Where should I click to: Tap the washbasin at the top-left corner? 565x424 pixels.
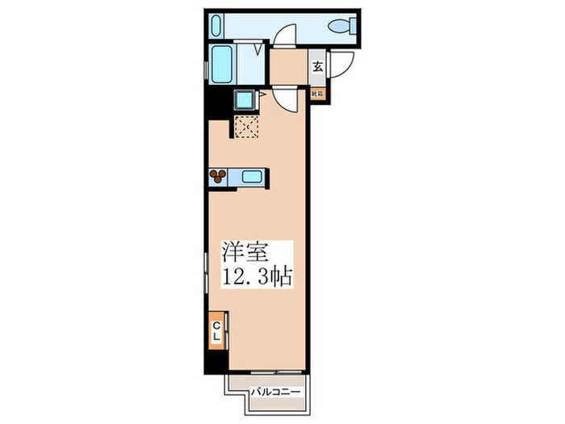click(x=215, y=25)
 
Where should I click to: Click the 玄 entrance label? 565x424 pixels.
click(x=318, y=68)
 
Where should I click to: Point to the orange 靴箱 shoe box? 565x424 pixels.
click(x=318, y=94)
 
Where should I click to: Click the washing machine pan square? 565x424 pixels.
click(x=245, y=101)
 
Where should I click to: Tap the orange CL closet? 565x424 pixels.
click(x=217, y=330)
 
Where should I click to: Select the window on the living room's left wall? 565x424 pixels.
click(x=204, y=275)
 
